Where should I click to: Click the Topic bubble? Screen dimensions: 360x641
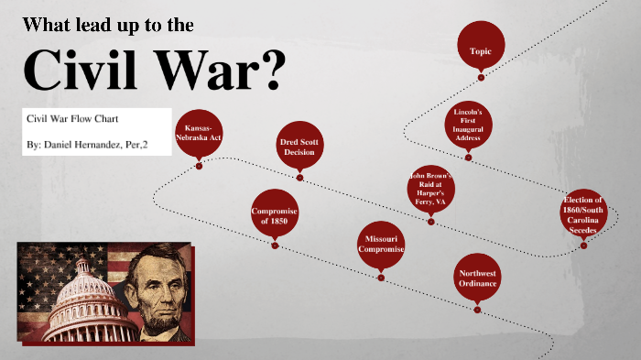point(481,50)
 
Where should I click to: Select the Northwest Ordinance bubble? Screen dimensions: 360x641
point(478,278)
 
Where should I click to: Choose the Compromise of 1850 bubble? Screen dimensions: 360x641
point(275,215)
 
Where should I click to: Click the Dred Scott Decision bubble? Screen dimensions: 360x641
point(299,146)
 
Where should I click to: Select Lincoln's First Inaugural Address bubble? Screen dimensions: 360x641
point(468,125)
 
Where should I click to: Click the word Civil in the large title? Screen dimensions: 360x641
point(79,67)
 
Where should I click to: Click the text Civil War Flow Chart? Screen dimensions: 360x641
point(72,119)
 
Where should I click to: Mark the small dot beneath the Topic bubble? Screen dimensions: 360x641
point(481,78)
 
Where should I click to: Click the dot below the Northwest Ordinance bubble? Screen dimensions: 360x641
point(477,310)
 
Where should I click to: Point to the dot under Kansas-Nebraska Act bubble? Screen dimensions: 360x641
point(199,166)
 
